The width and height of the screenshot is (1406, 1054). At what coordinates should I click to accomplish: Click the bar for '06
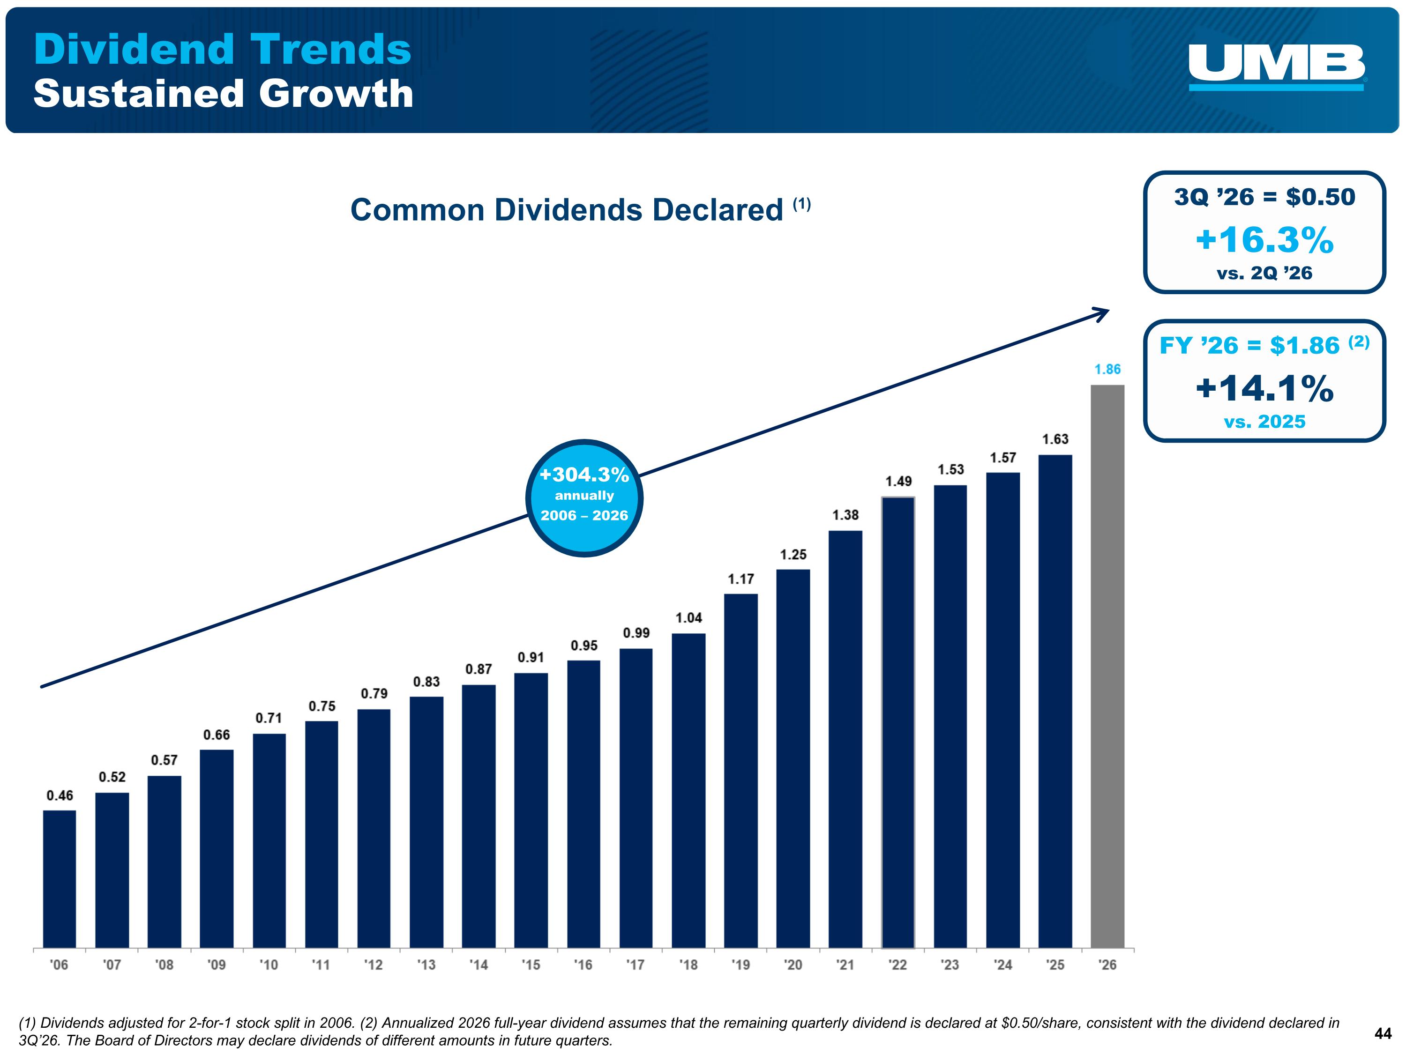tap(59, 879)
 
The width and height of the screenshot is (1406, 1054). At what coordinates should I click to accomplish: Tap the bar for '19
tap(740, 771)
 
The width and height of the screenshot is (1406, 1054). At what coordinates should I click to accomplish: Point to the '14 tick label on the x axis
tap(478, 965)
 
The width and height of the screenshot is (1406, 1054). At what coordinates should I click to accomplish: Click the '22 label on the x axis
tap(897, 965)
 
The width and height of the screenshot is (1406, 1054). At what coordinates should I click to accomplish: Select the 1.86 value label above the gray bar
tap(1107, 369)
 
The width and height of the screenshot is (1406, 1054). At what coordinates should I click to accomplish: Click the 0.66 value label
tap(216, 735)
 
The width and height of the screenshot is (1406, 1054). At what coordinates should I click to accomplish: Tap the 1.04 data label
tap(688, 617)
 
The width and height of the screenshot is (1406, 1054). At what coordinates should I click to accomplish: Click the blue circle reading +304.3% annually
tap(584, 498)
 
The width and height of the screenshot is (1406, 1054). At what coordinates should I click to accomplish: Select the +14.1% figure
tap(1264, 388)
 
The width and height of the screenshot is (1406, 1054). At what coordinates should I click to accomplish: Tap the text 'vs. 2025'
tap(1264, 421)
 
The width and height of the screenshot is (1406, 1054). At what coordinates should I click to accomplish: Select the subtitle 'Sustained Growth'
tap(224, 93)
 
